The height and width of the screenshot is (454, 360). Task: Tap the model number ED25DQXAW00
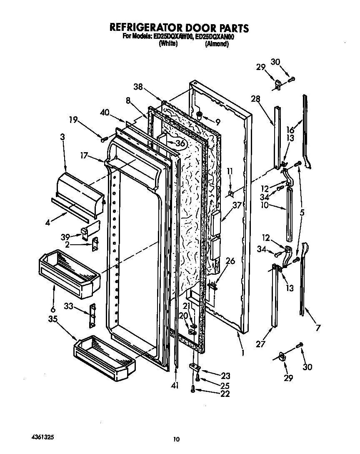pos(172,37)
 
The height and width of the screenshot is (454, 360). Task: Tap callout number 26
pos(230,261)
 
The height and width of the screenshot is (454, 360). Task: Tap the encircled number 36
pos(180,143)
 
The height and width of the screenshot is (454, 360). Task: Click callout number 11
pos(228,171)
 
